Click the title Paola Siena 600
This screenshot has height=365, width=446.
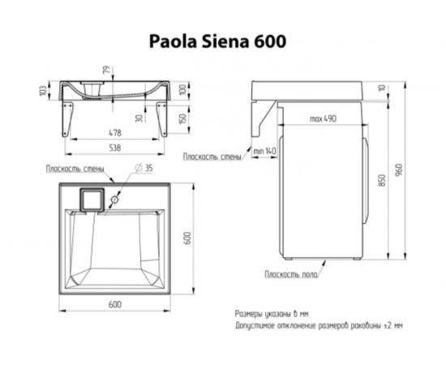pos(217,41)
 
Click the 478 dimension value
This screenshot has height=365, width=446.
pos(115,132)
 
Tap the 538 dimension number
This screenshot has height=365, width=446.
pos(115,148)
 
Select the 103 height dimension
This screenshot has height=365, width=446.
pos(43,91)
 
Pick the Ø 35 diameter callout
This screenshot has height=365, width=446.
pos(144,168)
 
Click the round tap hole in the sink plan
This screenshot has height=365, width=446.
pos(114,200)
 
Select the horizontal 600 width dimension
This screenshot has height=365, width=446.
pos(115,304)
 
